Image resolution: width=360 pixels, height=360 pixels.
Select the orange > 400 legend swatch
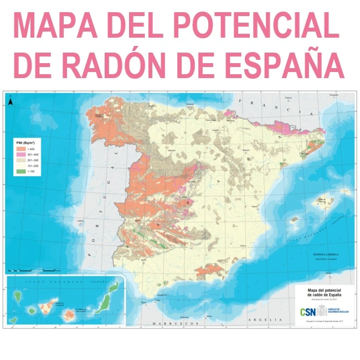pos(20,149)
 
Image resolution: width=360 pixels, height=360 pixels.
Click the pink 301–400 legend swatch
pos(20,155)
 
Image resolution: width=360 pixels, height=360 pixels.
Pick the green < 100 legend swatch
pos(20,172)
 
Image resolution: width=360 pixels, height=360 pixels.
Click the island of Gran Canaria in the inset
pos(69,315)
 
